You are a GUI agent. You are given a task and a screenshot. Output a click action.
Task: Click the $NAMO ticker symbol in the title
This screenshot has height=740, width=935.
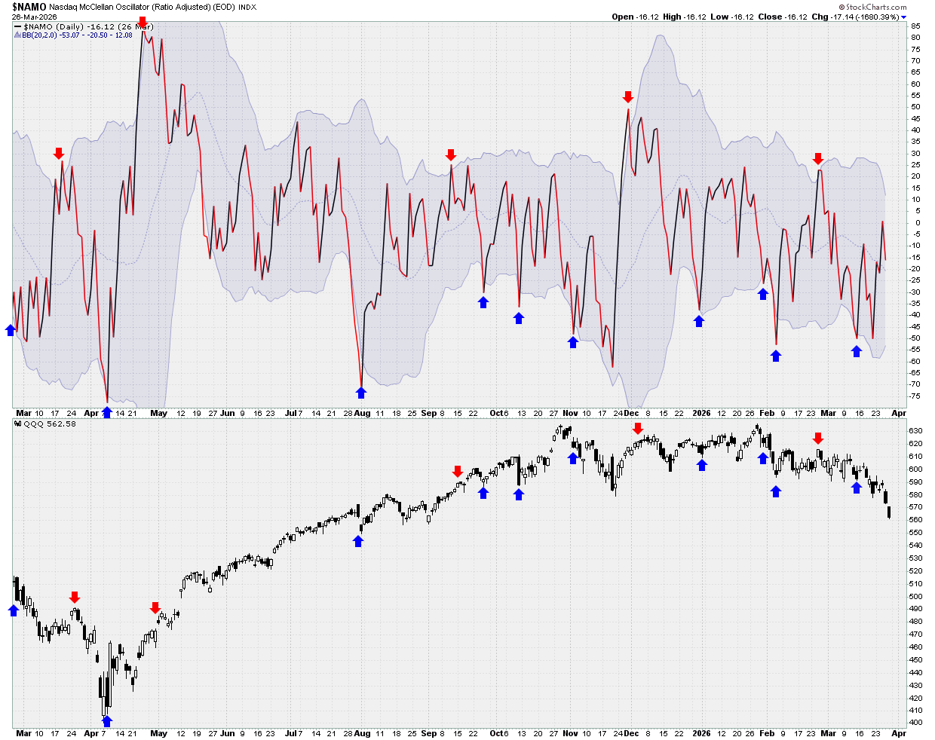click(x=29, y=7)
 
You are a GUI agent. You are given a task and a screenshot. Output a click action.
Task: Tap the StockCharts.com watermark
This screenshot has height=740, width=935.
click(x=873, y=7)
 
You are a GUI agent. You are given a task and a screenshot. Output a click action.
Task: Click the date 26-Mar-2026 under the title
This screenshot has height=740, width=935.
click(x=34, y=17)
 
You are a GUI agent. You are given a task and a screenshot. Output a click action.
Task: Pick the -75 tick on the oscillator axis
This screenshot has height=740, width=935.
click(x=915, y=396)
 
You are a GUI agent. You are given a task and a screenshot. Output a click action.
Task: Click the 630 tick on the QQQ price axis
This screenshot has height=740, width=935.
click(x=915, y=431)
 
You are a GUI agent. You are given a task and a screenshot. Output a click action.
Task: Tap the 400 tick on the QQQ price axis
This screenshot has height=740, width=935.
click(x=915, y=723)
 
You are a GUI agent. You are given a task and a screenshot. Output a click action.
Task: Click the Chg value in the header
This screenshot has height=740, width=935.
click(x=866, y=17)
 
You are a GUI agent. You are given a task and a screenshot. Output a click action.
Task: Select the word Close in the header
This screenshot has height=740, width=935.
click(x=770, y=17)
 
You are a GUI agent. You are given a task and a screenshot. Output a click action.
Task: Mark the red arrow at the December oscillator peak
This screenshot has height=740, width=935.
click(x=628, y=97)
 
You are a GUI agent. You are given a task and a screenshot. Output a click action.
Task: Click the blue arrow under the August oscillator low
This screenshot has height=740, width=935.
click(x=361, y=393)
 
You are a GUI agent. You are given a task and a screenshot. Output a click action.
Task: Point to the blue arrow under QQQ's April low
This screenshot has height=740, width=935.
click(x=107, y=721)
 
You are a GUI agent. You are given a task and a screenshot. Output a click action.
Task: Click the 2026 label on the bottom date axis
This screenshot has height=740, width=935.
click(x=701, y=733)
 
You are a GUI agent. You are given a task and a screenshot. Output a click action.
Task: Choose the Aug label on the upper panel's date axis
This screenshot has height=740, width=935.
click(x=363, y=413)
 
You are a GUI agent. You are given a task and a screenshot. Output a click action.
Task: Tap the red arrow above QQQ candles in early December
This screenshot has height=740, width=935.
click(x=637, y=429)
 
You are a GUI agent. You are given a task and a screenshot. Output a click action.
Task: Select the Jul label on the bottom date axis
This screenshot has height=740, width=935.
click(x=290, y=733)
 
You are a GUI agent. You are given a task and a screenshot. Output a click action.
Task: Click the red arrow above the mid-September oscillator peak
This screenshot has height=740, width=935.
click(x=451, y=155)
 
